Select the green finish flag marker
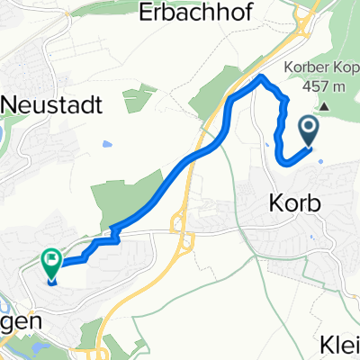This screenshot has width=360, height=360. coord(51,263)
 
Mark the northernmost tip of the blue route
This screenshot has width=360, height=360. coord(263,78)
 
